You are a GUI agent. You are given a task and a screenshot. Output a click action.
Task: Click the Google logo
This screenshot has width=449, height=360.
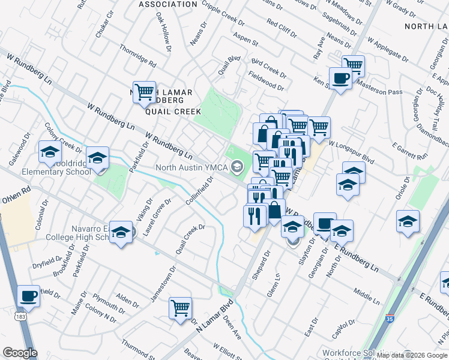tap(20, 353)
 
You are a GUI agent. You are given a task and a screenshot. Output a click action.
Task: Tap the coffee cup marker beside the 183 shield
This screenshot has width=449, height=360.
tap(28, 296)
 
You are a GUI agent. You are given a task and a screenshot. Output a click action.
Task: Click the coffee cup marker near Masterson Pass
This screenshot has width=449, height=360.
tap(340, 79)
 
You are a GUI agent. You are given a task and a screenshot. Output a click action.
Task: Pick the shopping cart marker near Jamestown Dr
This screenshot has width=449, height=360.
tap(180, 308)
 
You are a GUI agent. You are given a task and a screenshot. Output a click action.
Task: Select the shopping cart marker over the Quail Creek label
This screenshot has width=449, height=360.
tap(144, 92)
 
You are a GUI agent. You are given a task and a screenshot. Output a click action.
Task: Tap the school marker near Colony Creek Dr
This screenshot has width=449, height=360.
tap(50, 152)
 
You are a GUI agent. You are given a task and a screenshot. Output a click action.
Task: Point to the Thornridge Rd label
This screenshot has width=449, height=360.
tap(137, 55)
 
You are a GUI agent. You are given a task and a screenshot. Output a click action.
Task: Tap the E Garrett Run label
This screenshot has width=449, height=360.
tap(410, 151)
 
